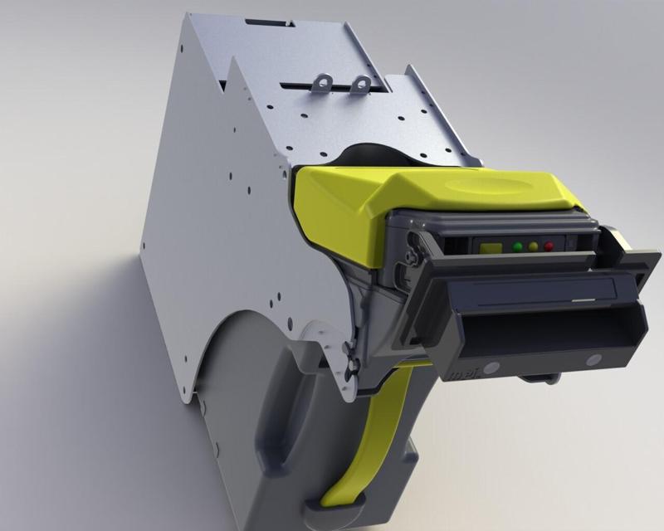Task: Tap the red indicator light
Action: point(549,246)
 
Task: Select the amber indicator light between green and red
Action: point(533,246)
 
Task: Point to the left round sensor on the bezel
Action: point(491,367)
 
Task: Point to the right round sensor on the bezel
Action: point(593,360)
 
